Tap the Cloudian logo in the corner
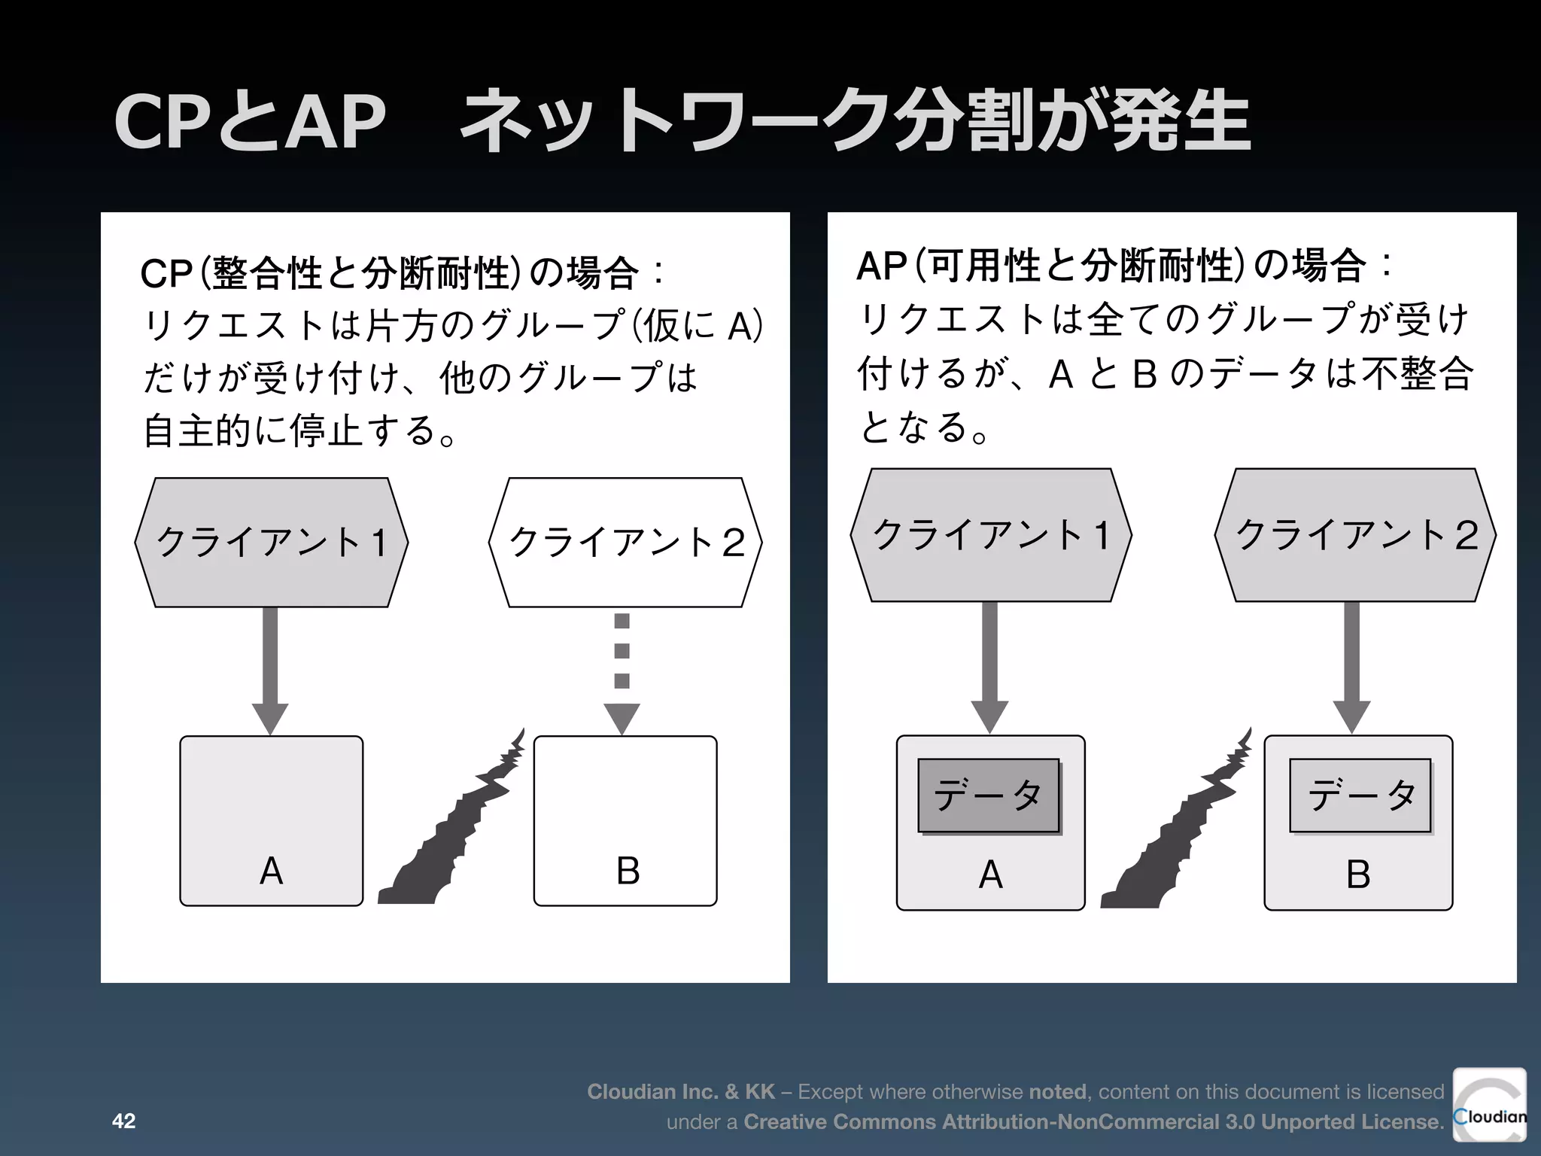1489,1105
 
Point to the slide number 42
123,1121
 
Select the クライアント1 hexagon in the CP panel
271,542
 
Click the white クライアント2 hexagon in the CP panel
625,542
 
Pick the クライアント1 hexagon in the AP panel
990,535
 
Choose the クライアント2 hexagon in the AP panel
1355,535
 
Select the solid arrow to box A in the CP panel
270,670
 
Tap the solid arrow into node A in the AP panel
989,667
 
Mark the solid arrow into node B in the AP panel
1351,667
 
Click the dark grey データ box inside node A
988,796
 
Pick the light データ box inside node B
1360,796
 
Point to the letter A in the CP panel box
271,871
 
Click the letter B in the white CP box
628,871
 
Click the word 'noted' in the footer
1057,1091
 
